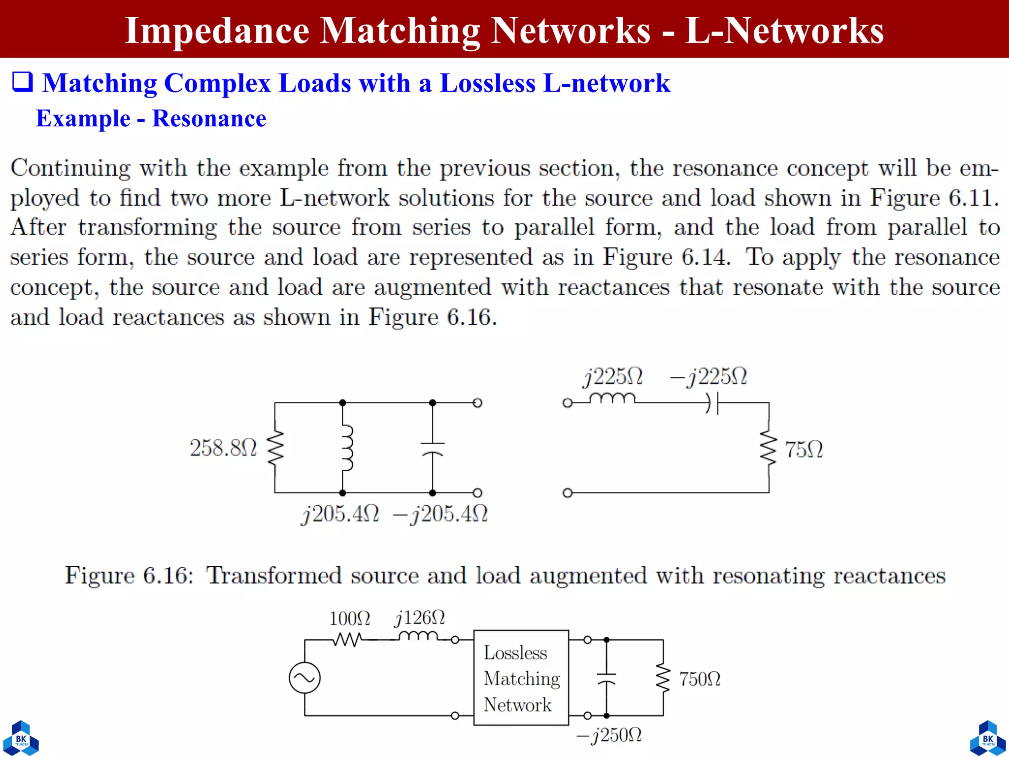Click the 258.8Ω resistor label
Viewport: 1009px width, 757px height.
[x=223, y=448]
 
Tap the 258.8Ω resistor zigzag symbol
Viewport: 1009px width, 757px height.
[x=275, y=447]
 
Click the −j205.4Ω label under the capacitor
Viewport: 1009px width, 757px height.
[x=440, y=515]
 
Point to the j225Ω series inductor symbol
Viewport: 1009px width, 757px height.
[x=612, y=398]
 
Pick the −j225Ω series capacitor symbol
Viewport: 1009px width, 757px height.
[x=712, y=403]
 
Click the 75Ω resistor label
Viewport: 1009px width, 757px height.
[x=804, y=449]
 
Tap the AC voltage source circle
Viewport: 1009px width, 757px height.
[x=304, y=678]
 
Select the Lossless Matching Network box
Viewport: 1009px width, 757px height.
[x=521, y=678]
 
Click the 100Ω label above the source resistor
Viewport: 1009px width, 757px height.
[x=349, y=619]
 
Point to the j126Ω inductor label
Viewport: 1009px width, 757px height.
[x=420, y=618]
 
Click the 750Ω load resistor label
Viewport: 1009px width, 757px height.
[x=700, y=679]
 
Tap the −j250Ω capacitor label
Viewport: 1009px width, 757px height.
[x=609, y=735]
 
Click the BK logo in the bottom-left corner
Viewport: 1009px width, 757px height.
[x=21, y=738]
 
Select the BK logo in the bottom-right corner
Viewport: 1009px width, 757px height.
[x=988, y=738]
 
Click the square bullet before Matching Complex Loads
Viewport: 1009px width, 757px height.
[x=22, y=82]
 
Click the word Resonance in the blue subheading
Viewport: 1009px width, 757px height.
[x=209, y=119]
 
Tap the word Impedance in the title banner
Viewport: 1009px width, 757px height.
[x=217, y=31]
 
